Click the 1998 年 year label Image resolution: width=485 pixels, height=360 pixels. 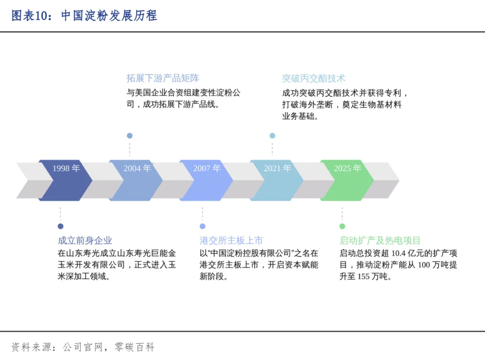(66, 168)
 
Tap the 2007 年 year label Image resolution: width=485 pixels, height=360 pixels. (207, 168)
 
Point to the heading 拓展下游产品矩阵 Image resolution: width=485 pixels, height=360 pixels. (163, 78)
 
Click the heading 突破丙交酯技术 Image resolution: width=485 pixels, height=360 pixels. (314, 78)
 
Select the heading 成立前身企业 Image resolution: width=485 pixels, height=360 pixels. (85, 241)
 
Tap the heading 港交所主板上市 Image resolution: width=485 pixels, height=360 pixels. (231, 241)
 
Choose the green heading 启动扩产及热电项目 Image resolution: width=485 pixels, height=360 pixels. (380, 241)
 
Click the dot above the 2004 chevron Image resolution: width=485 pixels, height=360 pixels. (130, 136)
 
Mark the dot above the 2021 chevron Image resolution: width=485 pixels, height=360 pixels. (272, 136)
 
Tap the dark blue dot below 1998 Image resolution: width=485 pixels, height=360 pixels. (61, 226)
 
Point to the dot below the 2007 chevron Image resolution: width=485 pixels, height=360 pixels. (203, 226)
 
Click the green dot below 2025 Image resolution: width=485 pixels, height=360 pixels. (342, 226)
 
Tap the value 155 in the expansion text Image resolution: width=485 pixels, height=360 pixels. (363, 277)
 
